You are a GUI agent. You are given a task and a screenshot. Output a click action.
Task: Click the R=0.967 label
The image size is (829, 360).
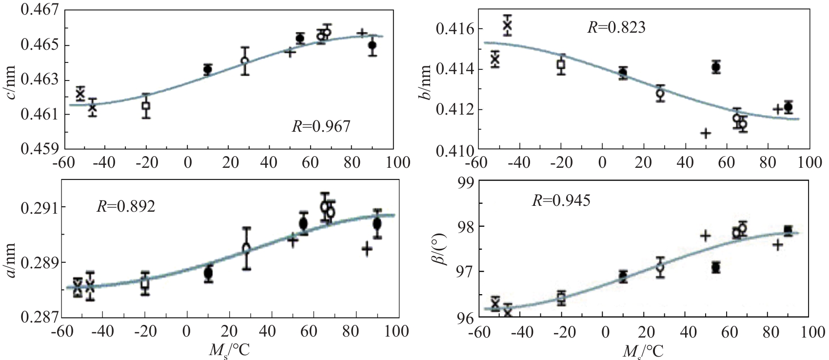click(321, 127)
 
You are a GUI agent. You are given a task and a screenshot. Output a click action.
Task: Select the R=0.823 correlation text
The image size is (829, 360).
click(616, 27)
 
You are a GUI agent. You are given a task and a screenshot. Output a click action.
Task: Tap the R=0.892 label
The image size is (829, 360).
click(126, 206)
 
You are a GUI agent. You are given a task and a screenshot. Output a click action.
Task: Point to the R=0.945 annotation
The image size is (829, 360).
click(561, 200)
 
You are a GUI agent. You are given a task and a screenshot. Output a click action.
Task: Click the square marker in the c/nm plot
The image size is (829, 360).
click(146, 105)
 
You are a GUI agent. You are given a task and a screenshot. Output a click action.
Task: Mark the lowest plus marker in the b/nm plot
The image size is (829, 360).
click(706, 132)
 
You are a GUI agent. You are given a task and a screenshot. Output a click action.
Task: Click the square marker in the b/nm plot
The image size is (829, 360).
click(561, 64)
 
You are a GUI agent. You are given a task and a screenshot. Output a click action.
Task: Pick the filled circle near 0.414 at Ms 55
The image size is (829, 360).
click(716, 67)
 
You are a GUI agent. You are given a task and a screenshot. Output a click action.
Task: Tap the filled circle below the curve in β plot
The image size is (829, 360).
click(715, 267)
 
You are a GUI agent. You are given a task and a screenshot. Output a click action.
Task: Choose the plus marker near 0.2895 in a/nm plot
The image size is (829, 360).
click(367, 249)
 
